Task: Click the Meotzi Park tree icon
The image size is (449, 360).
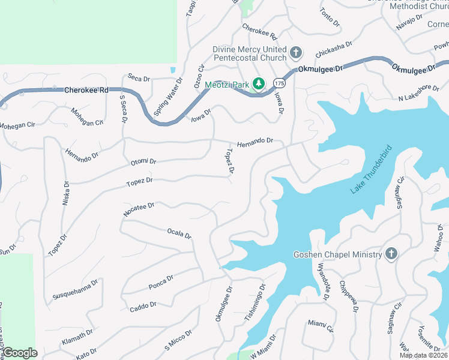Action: (259, 84)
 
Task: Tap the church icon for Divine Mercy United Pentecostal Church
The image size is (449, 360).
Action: (295, 53)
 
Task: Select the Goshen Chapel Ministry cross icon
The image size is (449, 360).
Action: (391, 254)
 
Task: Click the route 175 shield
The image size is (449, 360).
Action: (278, 81)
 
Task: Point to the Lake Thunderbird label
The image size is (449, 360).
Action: (371, 169)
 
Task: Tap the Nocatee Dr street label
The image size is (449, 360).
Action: (139, 209)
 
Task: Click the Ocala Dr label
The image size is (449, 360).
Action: (179, 233)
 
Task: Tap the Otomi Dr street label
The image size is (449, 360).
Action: (143, 162)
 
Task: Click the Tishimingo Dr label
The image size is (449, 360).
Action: (254, 303)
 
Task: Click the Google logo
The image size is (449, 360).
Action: (19, 353)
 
